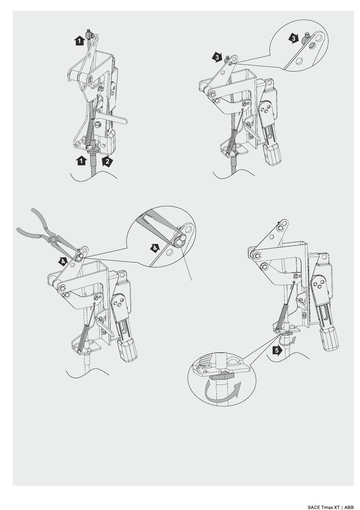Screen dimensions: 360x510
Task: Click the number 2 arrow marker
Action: click(107, 161)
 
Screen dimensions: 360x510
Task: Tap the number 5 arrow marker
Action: click(277, 350)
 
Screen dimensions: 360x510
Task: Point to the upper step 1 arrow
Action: click(79, 41)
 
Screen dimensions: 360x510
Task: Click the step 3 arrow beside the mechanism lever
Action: click(217, 57)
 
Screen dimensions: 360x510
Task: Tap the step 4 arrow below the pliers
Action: click(63, 261)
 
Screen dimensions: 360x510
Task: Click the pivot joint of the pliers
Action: click(53, 239)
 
